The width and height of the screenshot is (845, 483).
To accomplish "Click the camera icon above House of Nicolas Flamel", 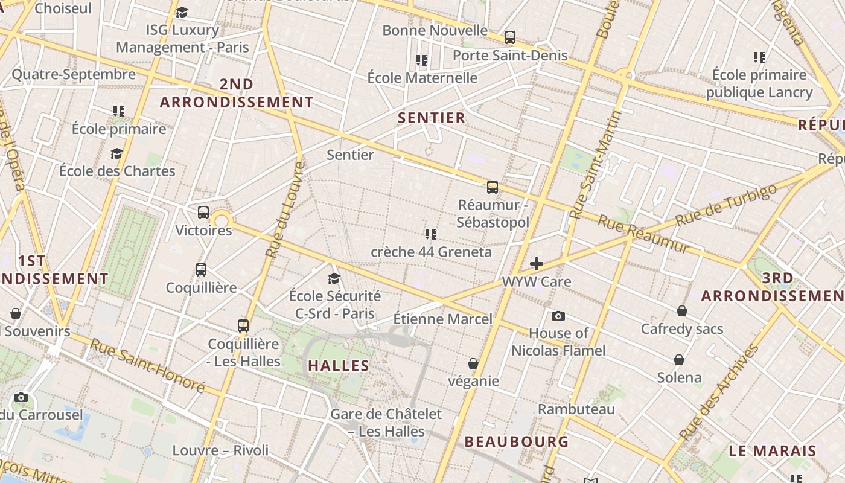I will click(558, 316).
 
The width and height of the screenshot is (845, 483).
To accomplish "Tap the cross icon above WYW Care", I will click(536, 264).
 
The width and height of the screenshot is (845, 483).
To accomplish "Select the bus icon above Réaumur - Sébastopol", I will click(493, 187).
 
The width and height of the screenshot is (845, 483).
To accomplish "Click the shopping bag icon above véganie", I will click(473, 363).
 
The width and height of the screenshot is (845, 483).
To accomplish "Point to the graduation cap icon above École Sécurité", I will click(334, 278).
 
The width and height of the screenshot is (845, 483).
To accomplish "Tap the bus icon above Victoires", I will click(203, 213).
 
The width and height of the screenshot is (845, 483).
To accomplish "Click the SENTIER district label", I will click(432, 118).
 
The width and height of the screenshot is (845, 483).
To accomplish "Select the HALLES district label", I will click(339, 365).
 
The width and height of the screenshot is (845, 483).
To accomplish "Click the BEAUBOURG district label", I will click(516, 441).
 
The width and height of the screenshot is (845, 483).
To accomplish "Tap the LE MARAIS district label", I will click(772, 451).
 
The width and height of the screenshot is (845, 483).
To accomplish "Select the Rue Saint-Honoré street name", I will click(147, 365).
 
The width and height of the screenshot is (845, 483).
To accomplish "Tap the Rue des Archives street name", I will click(719, 392).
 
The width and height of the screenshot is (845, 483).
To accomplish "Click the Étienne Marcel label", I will click(442, 319).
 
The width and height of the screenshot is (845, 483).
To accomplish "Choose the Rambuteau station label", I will click(576, 409).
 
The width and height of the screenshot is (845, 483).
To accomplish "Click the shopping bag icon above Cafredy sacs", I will click(681, 311).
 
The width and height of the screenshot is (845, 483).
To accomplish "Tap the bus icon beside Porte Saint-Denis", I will click(510, 37).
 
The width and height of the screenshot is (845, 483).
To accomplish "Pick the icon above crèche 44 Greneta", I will click(430, 234).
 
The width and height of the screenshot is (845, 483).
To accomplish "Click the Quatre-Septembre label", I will click(74, 74).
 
